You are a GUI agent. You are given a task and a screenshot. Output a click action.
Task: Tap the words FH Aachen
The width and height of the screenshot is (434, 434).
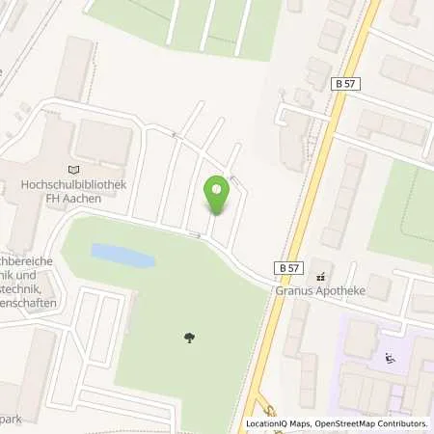[x=80, y=195]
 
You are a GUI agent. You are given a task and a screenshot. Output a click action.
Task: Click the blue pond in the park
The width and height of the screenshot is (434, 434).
[x=122, y=256]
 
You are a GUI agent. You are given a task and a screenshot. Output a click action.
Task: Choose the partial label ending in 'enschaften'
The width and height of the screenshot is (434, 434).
[x=28, y=303]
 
